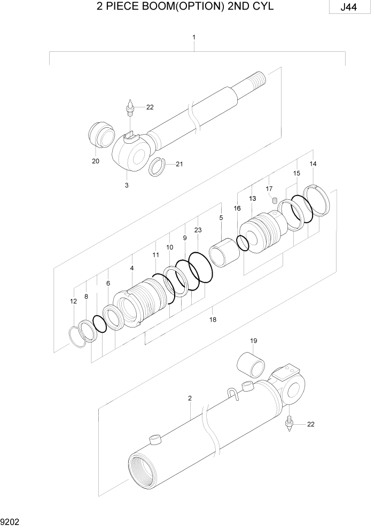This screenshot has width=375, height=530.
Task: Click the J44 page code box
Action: pos(347,9)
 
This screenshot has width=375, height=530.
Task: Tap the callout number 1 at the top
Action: pos(194,37)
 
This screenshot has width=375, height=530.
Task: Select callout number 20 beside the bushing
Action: pos(96,161)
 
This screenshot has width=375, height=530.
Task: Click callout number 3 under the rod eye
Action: pos(127,185)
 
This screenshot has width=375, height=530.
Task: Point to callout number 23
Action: pos(198,230)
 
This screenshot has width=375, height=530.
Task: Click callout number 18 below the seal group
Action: pos(213,319)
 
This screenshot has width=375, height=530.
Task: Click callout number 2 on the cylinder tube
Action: pos(190,399)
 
